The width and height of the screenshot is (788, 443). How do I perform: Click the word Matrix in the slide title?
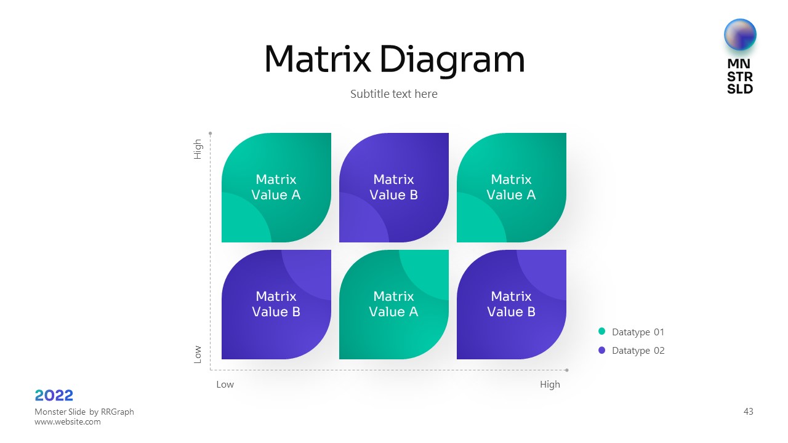[317, 60]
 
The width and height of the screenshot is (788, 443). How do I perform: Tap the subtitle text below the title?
[394, 94]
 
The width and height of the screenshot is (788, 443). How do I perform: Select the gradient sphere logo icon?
[740, 34]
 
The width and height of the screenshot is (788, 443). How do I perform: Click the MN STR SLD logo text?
[740, 76]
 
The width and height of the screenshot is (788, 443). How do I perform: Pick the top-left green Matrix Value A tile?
[276, 187]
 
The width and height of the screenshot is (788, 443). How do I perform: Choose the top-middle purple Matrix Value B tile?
[394, 187]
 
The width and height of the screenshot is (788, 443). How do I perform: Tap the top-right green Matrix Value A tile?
[511, 187]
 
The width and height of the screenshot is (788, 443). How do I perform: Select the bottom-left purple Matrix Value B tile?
[276, 304]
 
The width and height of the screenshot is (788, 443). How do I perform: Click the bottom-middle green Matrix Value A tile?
[394, 304]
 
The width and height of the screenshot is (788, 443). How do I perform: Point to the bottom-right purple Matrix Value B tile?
[511, 304]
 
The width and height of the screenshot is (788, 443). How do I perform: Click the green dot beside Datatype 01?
[602, 332]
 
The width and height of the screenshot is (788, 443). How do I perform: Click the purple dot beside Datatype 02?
[602, 350]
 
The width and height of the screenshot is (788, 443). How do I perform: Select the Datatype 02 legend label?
[638, 351]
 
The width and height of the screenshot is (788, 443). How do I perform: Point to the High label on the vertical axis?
[198, 149]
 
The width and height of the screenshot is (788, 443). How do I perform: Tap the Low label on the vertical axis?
[198, 354]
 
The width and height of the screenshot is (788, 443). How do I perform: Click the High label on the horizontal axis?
[550, 385]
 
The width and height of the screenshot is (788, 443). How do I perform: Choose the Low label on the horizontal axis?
[225, 385]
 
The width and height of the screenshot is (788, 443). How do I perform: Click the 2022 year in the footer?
[54, 396]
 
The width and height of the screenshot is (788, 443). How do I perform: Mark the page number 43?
[748, 412]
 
